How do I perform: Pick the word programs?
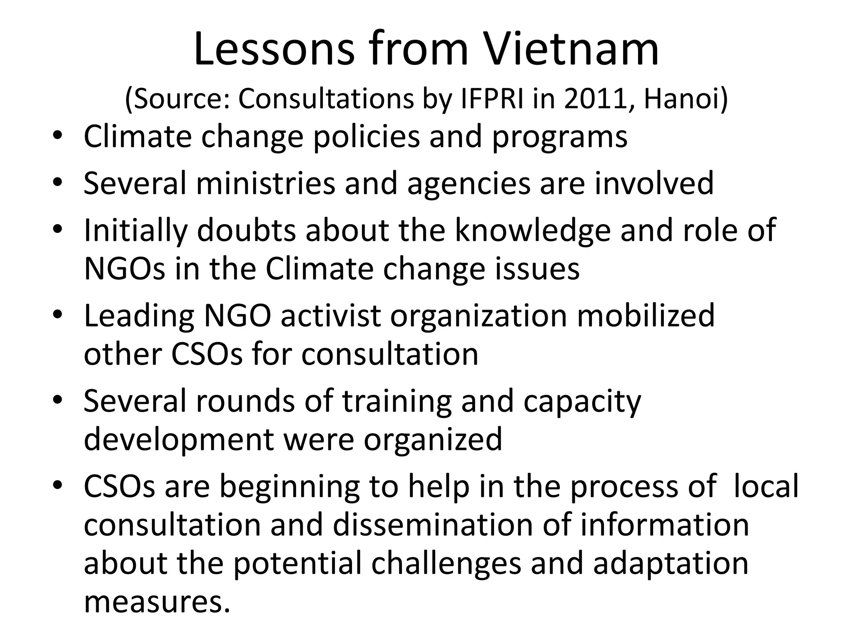click(559, 137)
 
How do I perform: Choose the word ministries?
click(265, 183)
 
